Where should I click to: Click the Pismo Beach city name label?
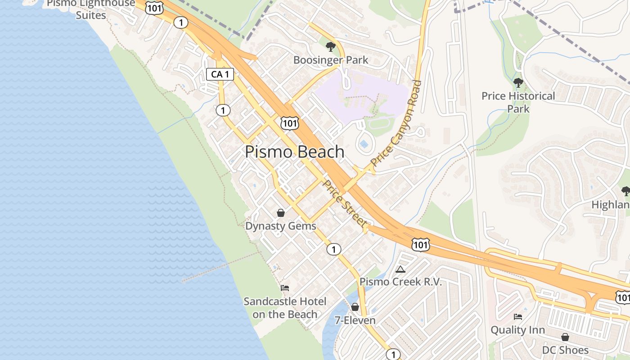click(295, 152)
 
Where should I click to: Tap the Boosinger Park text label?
click(331, 60)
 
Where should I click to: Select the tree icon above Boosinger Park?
click(331, 46)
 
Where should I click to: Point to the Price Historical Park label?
click(518, 102)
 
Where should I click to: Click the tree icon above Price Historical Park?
click(518, 83)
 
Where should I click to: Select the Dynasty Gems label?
click(281, 226)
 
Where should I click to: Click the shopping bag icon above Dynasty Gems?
click(281, 212)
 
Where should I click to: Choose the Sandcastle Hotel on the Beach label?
click(285, 308)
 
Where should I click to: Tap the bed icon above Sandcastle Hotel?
click(285, 288)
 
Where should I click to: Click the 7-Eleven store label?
click(355, 320)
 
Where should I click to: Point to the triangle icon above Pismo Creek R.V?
click(400, 269)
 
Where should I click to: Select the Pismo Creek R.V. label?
click(400, 282)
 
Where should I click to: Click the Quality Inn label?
click(517, 330)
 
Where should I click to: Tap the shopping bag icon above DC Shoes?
click(565, 337)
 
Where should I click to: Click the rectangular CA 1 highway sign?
click(220, 74)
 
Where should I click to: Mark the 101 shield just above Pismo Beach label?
click(289, 123)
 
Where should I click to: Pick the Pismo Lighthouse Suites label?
click(91, 9)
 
